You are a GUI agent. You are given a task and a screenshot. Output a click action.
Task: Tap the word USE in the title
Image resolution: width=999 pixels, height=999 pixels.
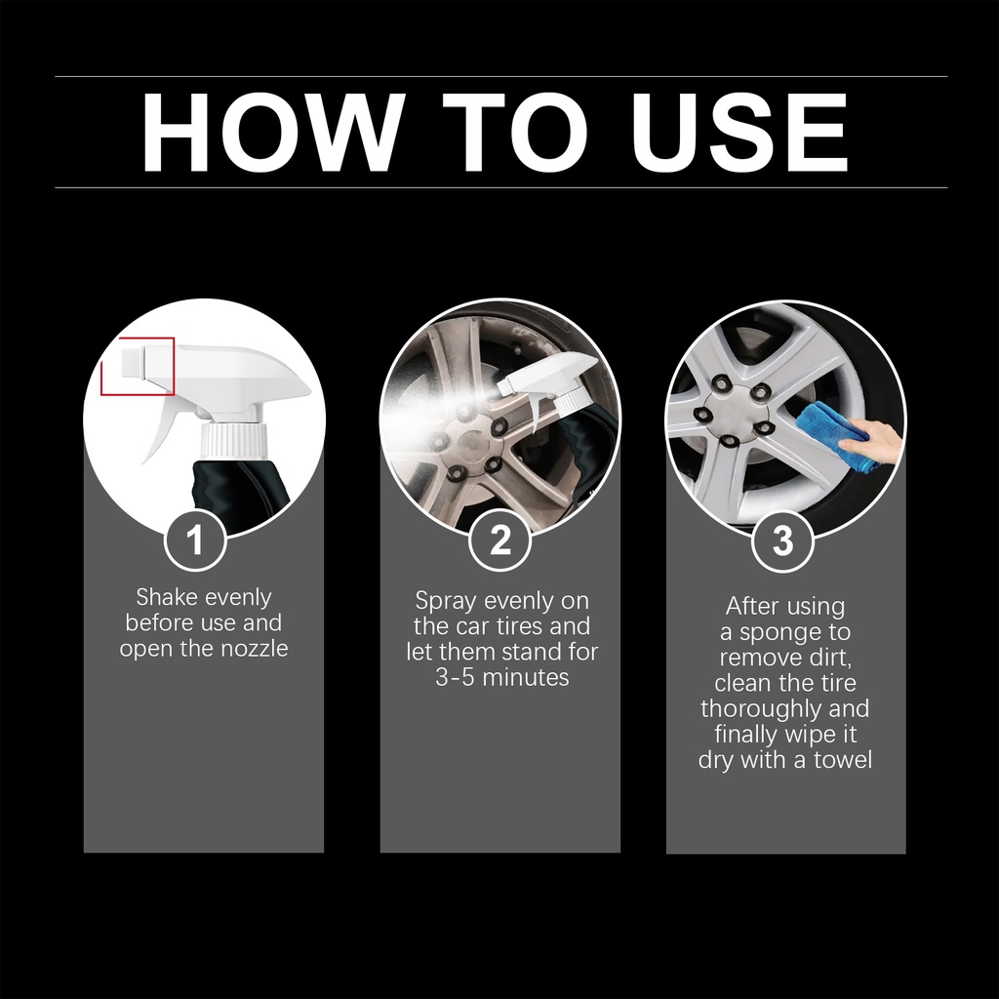point(739,133)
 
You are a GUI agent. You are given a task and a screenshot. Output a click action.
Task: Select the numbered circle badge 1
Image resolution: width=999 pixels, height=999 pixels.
point(195,540)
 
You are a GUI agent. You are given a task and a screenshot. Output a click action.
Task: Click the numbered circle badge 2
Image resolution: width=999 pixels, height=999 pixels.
point(500,540)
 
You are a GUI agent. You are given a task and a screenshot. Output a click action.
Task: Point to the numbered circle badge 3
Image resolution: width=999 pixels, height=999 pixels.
point(783,541)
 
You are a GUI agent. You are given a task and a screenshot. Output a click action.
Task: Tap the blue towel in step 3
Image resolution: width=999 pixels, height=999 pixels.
point(831,434)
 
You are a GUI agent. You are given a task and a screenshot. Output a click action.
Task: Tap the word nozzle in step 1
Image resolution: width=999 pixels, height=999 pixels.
point(255,649)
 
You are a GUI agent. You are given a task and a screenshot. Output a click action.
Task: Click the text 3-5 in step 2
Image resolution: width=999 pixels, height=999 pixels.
point(455,677)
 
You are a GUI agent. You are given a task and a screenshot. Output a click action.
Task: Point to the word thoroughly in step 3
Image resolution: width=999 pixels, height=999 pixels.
point(756,709)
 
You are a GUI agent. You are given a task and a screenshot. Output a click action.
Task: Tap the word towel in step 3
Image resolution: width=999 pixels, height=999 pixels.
point(842,759)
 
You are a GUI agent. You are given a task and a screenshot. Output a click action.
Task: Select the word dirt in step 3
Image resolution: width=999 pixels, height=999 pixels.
point(830,658)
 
